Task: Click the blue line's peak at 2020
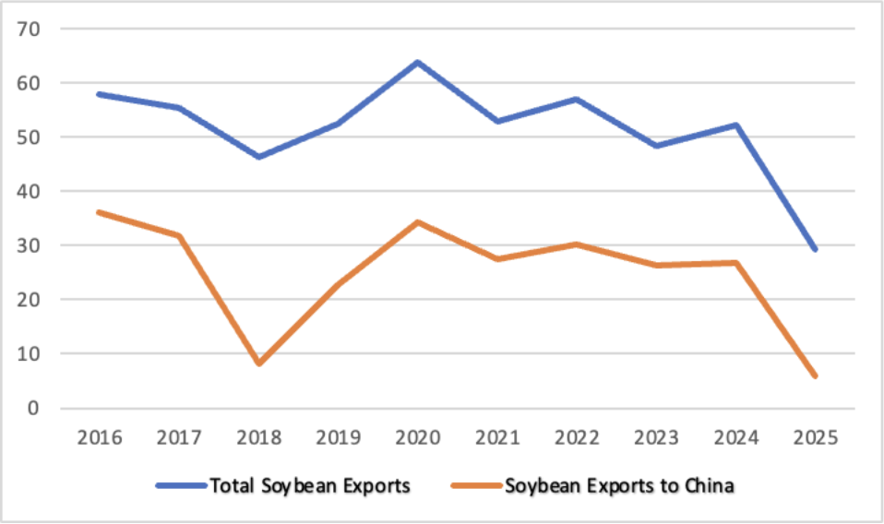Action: (417, 63)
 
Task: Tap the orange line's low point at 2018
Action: (258, 363)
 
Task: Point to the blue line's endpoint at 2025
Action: (815, 249)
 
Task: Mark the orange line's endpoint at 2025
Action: (815, 375)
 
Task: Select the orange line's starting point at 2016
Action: (99, 212)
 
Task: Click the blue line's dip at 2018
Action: (258, 157)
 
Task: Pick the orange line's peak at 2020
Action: (417, 222)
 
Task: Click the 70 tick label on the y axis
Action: (31, 29)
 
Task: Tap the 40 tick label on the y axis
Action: (31, 191)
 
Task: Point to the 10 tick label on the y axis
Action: (31, 353)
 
